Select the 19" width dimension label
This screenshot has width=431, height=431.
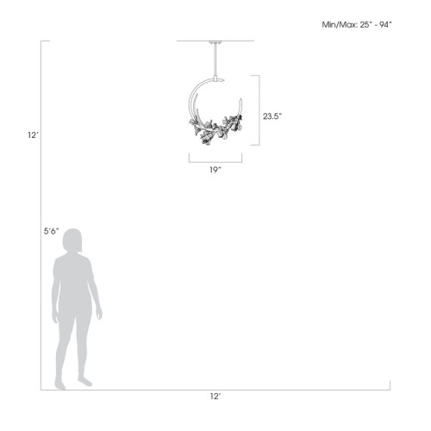215,169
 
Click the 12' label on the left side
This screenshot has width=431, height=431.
33,135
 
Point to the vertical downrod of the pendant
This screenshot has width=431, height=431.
214,60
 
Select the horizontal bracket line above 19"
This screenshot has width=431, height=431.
215,160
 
